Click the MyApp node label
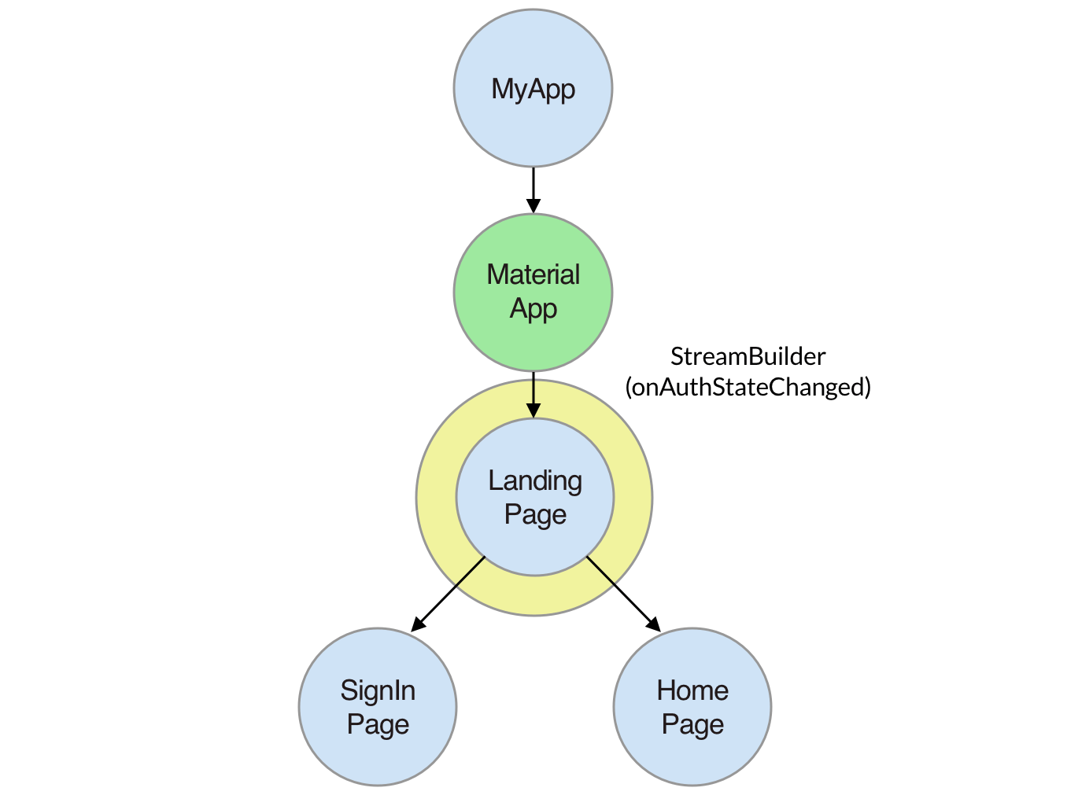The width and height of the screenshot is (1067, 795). [x=533, y=90]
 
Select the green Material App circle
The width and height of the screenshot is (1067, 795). [x=533, y=293]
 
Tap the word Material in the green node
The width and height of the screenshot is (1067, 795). [x=533, y=274]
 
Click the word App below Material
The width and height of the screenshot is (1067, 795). [x=533, y=309]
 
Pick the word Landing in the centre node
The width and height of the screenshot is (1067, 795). [x=535, y=480]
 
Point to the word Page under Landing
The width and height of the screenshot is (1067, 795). [x=535, y=514]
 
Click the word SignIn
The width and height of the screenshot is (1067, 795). [x=378, y=690]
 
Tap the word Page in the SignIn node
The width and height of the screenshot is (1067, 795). [x=378, y=724]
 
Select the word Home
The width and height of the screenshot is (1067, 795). [x=692, y=690]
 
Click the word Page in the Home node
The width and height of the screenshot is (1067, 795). [x=692, y=724]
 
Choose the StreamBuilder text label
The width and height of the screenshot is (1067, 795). [x=748, y=356]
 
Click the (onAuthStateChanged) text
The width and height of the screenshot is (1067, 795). [x=748, y=387]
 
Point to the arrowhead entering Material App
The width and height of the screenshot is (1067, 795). [x=533, y=205]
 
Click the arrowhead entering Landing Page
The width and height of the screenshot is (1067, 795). [x=533, y=410]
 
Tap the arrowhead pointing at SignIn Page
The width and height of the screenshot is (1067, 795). [x=417, y=625]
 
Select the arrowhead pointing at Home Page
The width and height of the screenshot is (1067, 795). [x=655, y=625]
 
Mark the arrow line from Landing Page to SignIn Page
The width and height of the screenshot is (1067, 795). [x=448, y=594]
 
